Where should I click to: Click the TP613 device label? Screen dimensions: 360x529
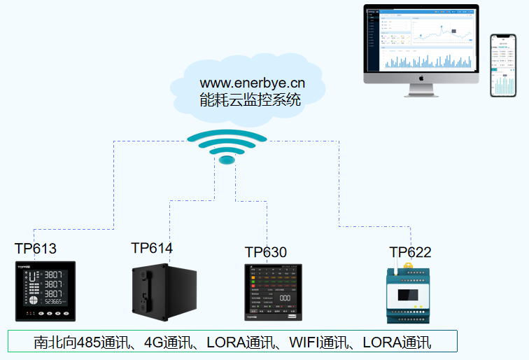tap(35, 249)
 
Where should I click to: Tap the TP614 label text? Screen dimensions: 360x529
tap(152, 248)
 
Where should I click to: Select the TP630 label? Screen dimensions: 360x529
tap(266, 252)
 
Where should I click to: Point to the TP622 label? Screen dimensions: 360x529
tap(411, 252)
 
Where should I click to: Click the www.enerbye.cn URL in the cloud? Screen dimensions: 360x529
tap(253, 83)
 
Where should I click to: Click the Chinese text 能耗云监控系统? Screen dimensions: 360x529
tap(251, 99)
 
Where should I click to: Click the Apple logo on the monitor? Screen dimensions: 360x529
tap(421, 78)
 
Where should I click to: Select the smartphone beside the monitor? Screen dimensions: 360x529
tap(502, 65)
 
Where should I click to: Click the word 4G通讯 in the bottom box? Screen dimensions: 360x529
tap(165, 343)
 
